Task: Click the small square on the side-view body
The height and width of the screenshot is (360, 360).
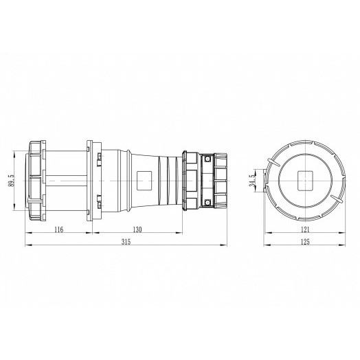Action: tap(144, 181)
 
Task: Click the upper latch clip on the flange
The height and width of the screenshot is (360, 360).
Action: tap(100, 159)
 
